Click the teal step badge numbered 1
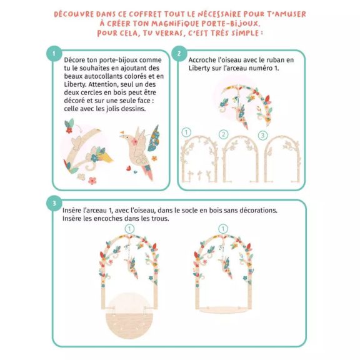coord(54,54)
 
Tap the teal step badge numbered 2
coord(179,54)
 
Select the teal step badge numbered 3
coord(54,203)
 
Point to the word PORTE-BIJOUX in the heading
coord(231,24)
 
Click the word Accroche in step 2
coord(201,60)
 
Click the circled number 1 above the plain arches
coord(186,132)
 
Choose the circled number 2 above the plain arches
coord(223,134)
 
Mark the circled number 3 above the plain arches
coord(262,135)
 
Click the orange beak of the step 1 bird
coord(122,132)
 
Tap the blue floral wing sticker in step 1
coord(153,138)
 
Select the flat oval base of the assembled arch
coord(222,310)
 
